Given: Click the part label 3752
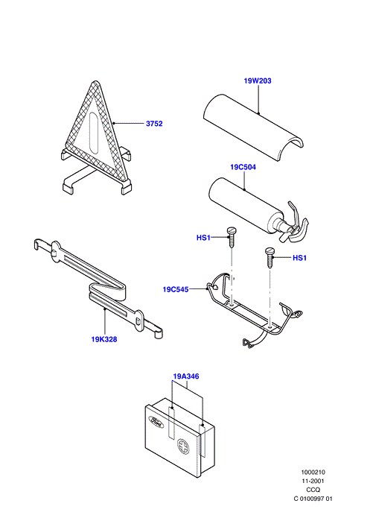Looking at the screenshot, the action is coord(154,124).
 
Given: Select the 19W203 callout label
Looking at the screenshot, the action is coord(258,81).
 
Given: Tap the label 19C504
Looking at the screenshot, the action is coord(243,167).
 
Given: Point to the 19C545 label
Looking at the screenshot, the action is coord(176,289).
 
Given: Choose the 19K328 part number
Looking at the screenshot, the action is coord(104,340).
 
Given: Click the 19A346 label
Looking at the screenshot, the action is coord(186,376).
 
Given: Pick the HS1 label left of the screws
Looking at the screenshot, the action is coord(203,238).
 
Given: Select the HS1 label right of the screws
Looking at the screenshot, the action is coord(299,258).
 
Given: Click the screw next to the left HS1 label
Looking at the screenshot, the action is coord(231,237).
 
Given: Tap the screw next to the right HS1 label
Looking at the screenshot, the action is coord(269,257).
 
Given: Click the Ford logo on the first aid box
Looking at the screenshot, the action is coord(156,422).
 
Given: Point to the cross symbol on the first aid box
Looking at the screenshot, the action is coord(183,446).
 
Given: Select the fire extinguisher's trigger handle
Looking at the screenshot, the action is coord(297,222).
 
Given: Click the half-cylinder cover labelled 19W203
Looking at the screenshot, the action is coord(253,128).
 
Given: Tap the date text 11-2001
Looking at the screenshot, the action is coord(313,482).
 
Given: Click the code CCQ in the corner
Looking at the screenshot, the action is coord(313,490).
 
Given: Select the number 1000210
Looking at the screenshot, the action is coord(313,473).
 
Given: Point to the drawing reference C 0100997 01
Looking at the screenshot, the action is coord(313,499).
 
